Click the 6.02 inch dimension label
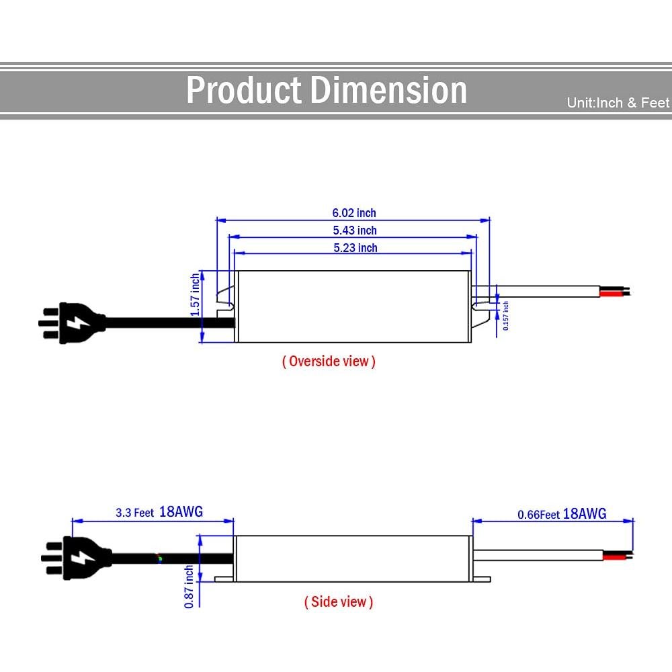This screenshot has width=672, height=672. (x=354, y=213)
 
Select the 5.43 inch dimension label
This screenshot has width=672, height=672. (x=355, y=230)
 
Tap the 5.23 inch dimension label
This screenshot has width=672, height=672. (x=355, y=248)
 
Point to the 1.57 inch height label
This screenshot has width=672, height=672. (x=195, y=295)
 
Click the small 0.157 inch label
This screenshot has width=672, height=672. (x=506, y=315)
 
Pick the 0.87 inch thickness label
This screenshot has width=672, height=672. (x=189, y=586)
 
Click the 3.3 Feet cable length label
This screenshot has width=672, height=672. (x=134, y=513)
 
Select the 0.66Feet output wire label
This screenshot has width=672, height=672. (x=539, y=514)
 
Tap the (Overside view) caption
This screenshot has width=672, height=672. (x=329, y=362)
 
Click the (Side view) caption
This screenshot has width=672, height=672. (x=339, y=601)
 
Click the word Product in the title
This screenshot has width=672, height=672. (x=244, y=90)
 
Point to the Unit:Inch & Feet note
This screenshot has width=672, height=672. (x=618, y=103)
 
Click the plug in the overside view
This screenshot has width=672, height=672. (x=72, y=323)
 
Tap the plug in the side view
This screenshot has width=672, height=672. (x=77, y=558)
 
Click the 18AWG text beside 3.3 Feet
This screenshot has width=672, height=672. (x=181, y=511)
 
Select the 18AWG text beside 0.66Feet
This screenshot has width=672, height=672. (x=585, y=513)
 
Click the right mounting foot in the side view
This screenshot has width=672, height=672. (x=482, y=579)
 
